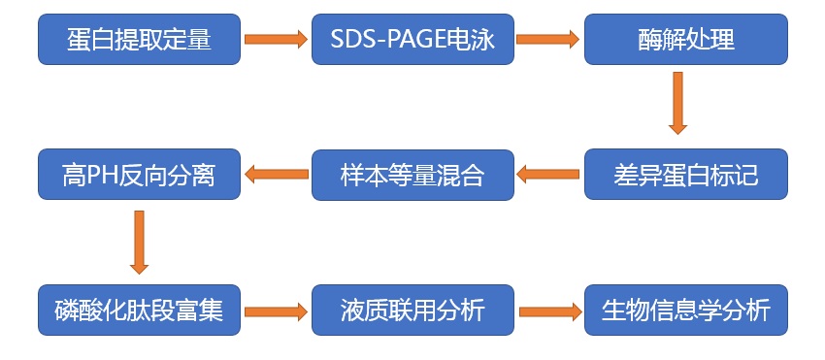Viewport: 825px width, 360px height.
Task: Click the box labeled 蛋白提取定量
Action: [x=140, y=40]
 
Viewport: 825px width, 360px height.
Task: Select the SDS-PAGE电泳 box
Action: [x=412, y=40]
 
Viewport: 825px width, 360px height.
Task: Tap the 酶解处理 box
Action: [x=685, y=40]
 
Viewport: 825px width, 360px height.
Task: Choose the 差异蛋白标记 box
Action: [x=685, y=176]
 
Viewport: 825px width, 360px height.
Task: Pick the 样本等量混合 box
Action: [x=412, y=176]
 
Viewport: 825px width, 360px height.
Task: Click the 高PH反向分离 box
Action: [x=140, y=176]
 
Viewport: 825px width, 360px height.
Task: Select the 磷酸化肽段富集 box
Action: [x=140, y=311]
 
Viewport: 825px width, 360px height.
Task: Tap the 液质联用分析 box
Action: [x=412, y=311]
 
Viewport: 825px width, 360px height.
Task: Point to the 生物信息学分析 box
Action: [x=685, y=311]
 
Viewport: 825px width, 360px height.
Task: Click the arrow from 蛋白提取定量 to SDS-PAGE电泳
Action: [x=276, y=40]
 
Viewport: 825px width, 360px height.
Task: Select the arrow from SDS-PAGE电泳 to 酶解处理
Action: [x=548, y=40]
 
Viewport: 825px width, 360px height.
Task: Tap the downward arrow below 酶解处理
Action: [x=677, y=103]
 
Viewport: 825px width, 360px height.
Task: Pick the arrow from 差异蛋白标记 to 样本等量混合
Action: [x=548, y=176]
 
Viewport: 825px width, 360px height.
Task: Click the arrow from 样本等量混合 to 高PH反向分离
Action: [x=276, y=176]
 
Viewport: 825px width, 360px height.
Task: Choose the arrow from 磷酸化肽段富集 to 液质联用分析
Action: [x=276, y=311]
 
